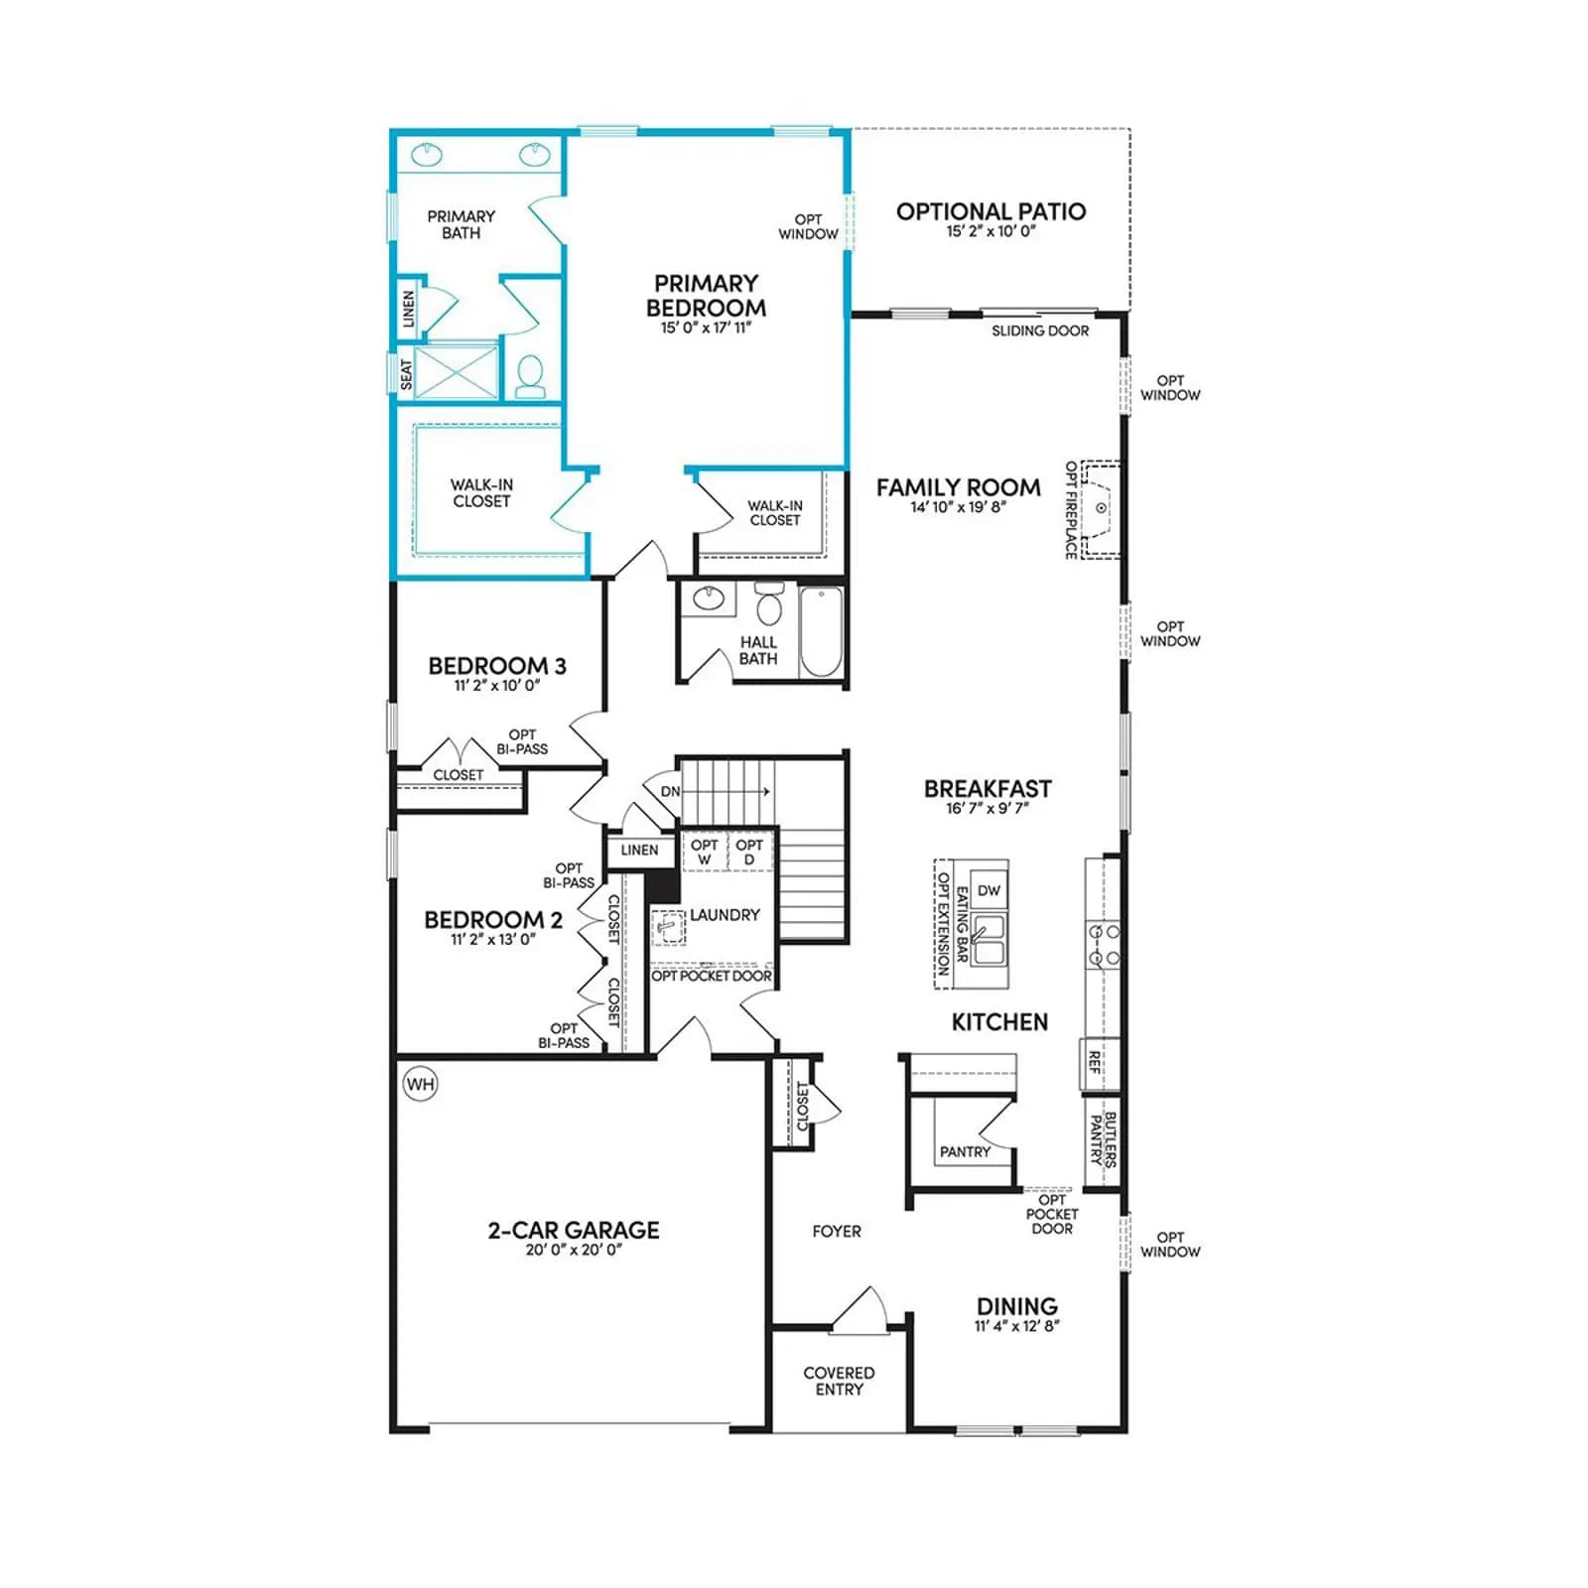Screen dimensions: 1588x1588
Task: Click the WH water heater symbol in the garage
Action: pos(421,1084)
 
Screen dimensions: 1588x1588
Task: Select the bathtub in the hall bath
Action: pos(821,631)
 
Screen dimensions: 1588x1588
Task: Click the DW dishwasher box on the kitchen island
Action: pos(989,890)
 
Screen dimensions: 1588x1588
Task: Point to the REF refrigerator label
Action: pos(1095,1063)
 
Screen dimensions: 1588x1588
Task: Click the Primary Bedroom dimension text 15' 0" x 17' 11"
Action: pos(707,328)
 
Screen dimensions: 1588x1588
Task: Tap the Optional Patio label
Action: pos(991,211)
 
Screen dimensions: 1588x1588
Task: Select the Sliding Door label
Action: pos(1040,331)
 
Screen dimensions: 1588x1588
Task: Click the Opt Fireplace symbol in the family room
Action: pos(1100,508)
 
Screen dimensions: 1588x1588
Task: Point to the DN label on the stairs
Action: pos(671,791)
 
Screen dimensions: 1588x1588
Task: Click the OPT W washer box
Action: pos(705,852)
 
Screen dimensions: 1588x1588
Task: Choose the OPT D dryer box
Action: pos(749,852)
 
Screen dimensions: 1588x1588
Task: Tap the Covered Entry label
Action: pos(840,1381)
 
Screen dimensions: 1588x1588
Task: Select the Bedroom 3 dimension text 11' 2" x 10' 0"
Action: pos(497,686)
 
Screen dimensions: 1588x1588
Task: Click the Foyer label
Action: pos(837,1231)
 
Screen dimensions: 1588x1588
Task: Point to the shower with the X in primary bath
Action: pos(457,371)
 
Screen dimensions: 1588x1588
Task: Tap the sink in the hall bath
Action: pos(708,598)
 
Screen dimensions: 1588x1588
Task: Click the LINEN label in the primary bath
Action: pos(409,309)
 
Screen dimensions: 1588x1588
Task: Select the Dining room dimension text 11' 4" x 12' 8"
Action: pos(1017,1326)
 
